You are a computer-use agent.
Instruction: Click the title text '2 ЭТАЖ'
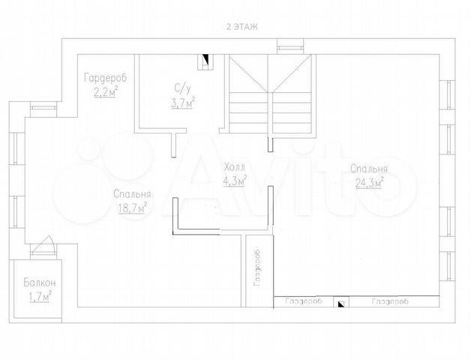241,27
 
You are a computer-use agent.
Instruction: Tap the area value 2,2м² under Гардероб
106,92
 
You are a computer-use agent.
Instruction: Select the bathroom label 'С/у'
183,88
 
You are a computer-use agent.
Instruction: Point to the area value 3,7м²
183,103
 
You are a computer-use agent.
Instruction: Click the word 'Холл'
235,166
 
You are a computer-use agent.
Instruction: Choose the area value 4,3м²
235,181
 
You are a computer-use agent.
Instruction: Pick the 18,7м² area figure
133,208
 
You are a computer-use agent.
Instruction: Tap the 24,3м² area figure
369,182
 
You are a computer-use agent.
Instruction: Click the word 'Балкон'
40,283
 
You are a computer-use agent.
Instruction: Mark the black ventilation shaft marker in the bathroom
205,58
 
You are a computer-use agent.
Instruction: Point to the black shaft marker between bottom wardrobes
341,304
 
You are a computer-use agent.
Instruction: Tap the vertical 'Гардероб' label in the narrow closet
257,268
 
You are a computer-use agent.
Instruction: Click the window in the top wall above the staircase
289,47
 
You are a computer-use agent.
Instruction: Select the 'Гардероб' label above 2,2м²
106,78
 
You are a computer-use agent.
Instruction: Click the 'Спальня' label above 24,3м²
369,169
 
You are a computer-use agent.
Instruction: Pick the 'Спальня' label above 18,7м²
132,194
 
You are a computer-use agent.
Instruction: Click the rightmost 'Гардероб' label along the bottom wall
390,301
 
